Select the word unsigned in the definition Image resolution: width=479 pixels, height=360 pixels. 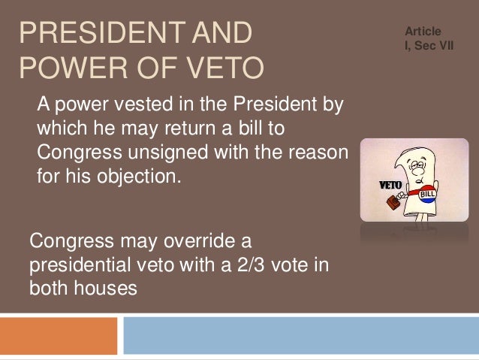pos(171,154)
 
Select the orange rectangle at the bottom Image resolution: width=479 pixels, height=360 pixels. pos(59,335)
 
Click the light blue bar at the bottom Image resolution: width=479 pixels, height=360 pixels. pos(300,335)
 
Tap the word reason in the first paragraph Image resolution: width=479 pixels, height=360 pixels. pos(315,154)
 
